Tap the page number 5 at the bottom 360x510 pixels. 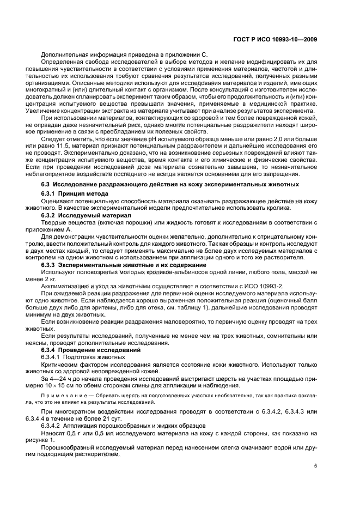tap(316, 466)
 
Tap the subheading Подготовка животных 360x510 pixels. tap(87, 356)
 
